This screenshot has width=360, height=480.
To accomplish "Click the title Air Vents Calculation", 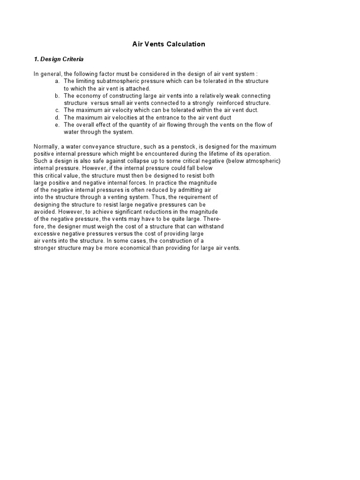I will (x=167, y=44).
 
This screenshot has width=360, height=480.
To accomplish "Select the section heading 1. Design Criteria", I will (x=59, y=59).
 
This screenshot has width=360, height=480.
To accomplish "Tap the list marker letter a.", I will (x=57, y=81).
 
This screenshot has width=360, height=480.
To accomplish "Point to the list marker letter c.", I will (x=57, y=110).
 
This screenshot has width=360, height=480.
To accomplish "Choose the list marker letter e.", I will (x=57, y=125).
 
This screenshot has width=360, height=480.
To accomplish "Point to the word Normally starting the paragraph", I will (x=46, y=147).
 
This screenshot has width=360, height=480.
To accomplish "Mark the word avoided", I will (x=45, y=212).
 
